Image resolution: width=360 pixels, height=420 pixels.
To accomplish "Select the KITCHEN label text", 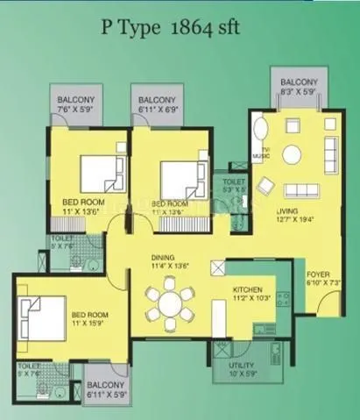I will click(x=249, y=288).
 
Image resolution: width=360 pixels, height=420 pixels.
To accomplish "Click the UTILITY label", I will click(x=241, y=364).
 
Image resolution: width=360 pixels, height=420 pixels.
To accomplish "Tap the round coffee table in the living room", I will click(x=292, y=155).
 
